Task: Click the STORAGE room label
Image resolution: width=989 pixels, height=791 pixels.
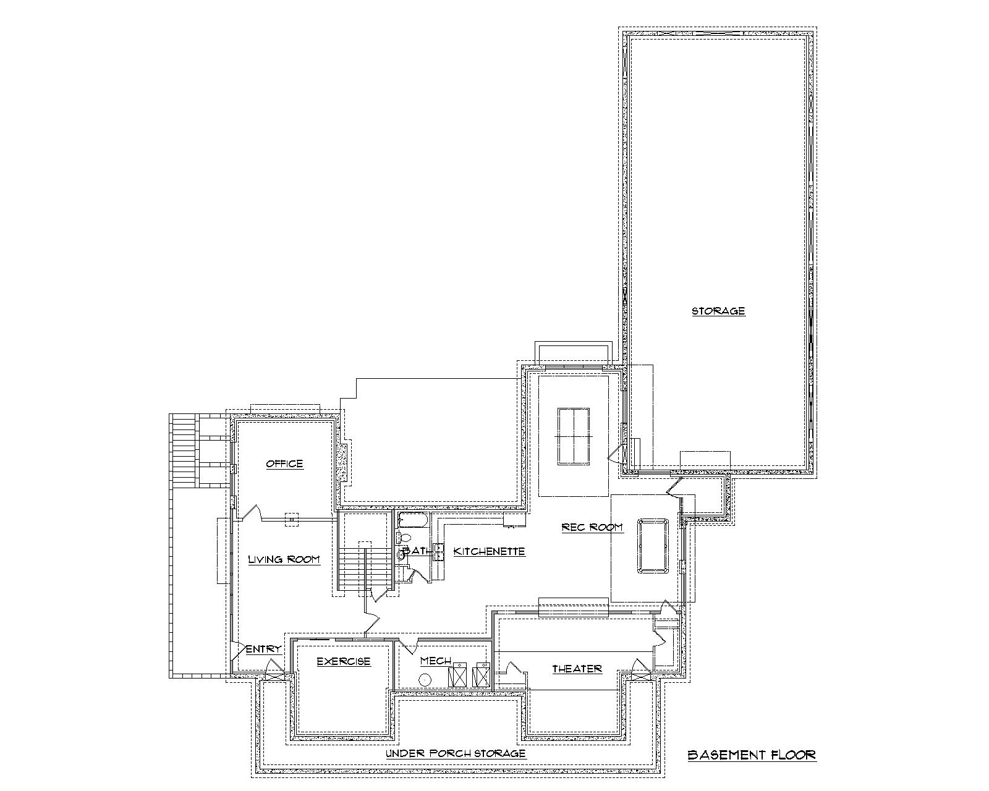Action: [718, 311]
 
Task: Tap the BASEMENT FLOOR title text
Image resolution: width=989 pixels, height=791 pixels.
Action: [752, 755]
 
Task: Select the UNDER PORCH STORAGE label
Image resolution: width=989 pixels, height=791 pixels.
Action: [456, 753]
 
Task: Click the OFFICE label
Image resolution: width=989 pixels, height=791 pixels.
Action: [284, 463]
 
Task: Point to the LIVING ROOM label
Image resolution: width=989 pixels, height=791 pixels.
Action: [284, 559]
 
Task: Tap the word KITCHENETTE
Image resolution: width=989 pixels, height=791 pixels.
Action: [489, 551]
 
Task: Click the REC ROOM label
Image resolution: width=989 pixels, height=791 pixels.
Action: [592, 527]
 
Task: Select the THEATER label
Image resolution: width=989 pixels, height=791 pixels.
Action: [577, 669]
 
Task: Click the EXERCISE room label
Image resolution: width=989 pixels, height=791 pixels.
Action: [344, 661]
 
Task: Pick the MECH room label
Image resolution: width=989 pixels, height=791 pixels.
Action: [436, 661]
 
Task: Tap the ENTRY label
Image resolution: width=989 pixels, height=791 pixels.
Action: [264, 649]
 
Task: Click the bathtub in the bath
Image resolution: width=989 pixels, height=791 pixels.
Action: [412, 520]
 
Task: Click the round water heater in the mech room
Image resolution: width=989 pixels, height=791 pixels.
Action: [425, 679]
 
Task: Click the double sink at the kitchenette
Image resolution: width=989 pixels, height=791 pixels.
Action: [438, 551]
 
